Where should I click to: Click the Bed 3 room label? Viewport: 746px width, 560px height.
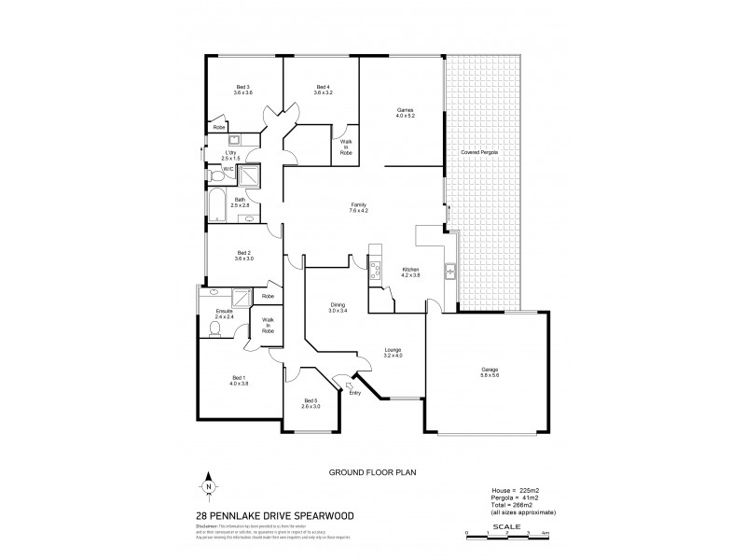coord(243,87)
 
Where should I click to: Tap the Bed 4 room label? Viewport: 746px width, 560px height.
coord(323,87)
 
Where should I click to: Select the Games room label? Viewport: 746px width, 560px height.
coord(405,110)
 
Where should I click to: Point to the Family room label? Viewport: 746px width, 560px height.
coord(359,205)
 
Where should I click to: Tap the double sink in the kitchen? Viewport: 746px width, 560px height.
coord(449,272)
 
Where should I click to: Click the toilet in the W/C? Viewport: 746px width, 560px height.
coord(214,173)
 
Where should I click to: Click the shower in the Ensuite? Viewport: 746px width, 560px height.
coord(242,298)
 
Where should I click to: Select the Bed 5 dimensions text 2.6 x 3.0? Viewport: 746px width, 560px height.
coord(311,407)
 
